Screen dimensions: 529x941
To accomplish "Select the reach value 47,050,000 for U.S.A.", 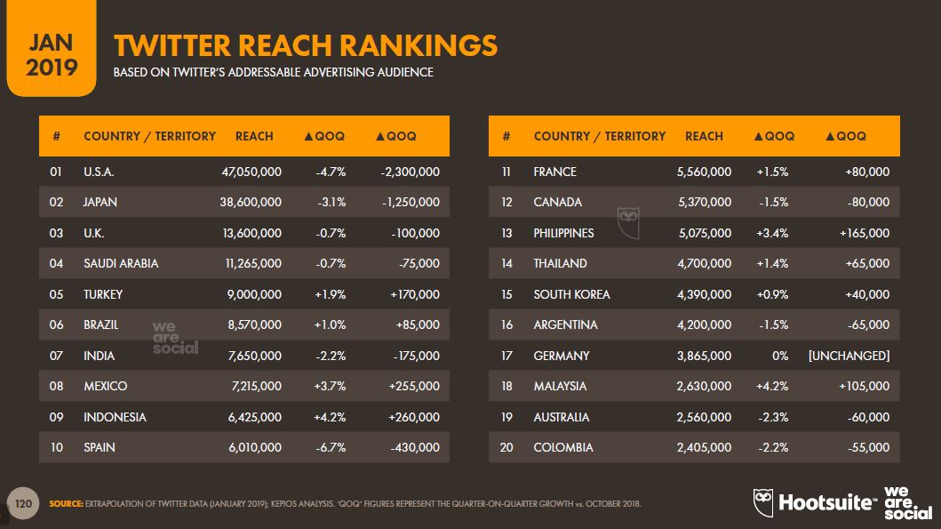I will tap(251, 172).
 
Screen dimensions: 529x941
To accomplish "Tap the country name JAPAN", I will tap(100, 202).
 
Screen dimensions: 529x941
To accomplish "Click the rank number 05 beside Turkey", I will tap(57, 294).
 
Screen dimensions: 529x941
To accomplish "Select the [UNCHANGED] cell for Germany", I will tap(849, 356).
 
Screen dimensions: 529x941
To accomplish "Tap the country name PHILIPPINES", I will tap(563, 233).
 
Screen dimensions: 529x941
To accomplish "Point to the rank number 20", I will tap(506, 447).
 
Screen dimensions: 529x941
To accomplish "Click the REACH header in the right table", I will tap(704, 136).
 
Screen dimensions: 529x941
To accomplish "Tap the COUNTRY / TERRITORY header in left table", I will tap(149, 136).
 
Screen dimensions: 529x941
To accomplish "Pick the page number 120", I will tap(24, 504).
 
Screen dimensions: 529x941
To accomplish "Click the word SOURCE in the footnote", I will tap(66, 504).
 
